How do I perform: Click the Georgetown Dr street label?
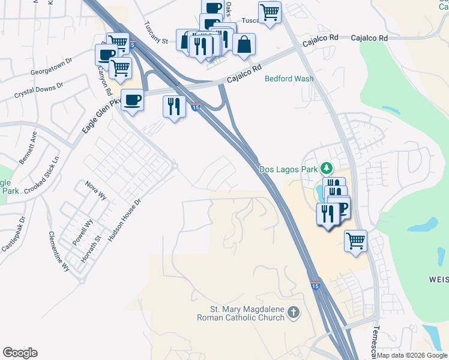[51, 66]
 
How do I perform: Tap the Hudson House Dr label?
[124, 220]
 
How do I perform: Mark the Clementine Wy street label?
[59, 251]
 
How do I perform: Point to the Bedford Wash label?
[289, 79]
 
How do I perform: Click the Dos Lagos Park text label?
[288, 169]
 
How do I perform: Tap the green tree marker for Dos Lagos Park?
[326, 168]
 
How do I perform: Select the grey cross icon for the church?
[293, 312]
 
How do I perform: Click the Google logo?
[20, 353]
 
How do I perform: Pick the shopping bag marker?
[244, 44]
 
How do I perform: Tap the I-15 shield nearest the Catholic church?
[316, 286]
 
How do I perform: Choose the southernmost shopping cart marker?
[355, 241]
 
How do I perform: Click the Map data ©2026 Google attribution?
[412, 355]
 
